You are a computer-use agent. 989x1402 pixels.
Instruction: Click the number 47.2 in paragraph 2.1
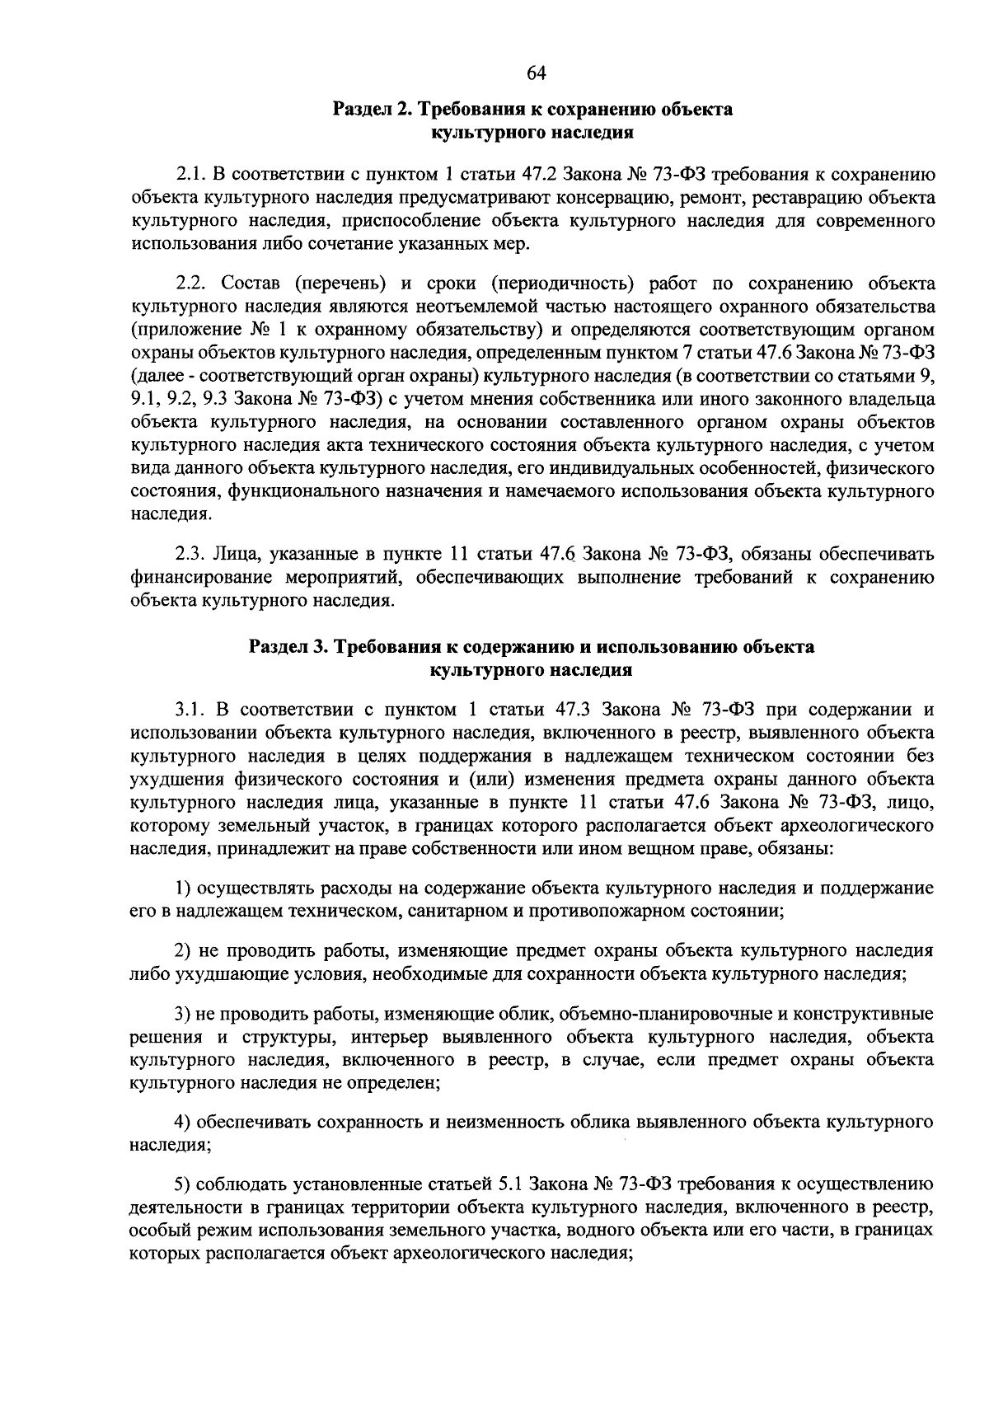[543, 175]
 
